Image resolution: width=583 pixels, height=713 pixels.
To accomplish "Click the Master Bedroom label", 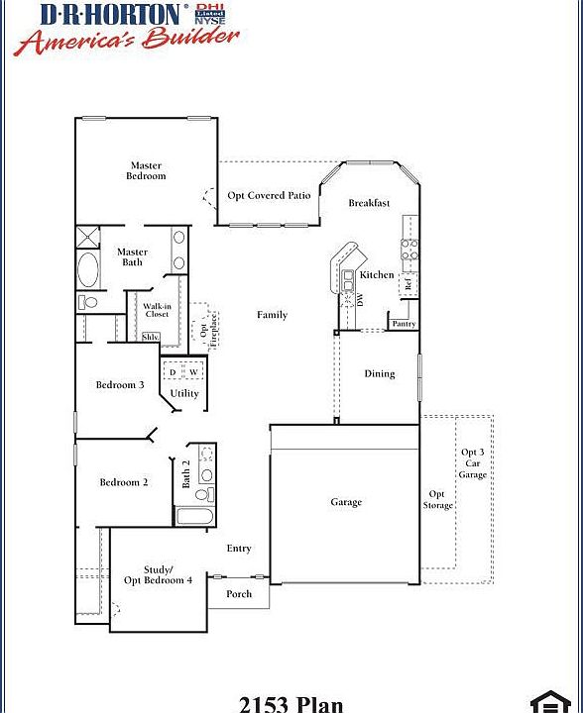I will [x=146, y=170].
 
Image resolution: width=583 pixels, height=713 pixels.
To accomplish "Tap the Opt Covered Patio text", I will [x=269, y=195].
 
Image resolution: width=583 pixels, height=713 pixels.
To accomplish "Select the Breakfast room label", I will [x=369, y=203].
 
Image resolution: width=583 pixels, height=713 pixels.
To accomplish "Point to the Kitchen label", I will [x=377, y=274].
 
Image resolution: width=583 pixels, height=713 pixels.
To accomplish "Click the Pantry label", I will [x=404, y=324].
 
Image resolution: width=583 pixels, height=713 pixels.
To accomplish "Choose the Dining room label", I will [x=379, y=373].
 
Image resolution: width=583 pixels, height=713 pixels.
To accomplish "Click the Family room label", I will [x=272, y=315].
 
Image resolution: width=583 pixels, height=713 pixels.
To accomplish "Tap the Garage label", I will [x=346, y=502].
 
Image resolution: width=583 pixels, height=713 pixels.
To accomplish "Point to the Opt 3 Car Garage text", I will [x=472, y=463].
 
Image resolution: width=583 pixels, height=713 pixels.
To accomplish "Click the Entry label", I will [x=239, y=548].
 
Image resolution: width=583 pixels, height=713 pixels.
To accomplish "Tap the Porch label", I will [x=239, y=594].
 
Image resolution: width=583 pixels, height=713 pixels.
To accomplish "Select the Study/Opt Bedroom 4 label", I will [x=159, y=575].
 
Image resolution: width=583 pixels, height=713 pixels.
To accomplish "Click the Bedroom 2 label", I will [x=124, y=482].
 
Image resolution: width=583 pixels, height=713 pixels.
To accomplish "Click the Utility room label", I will [x=184, y=393].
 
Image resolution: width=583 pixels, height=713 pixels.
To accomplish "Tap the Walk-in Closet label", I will [x=156, y=310].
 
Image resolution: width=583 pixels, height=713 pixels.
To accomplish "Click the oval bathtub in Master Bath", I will [x=88, y=269].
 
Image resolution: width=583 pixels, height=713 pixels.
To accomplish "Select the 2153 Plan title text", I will [x=291, y=704].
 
